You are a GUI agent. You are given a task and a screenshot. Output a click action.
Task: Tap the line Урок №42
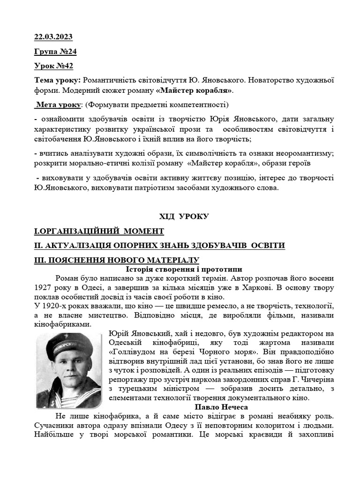point(53,66)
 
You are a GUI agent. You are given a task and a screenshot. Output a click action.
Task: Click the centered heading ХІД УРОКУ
point(184,216)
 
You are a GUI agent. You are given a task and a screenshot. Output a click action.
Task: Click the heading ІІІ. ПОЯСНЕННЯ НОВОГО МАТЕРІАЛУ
point(117,260)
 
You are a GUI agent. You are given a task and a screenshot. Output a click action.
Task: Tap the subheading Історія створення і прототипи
point(184,269)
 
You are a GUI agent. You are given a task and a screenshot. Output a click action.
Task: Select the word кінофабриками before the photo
point(61,324)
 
